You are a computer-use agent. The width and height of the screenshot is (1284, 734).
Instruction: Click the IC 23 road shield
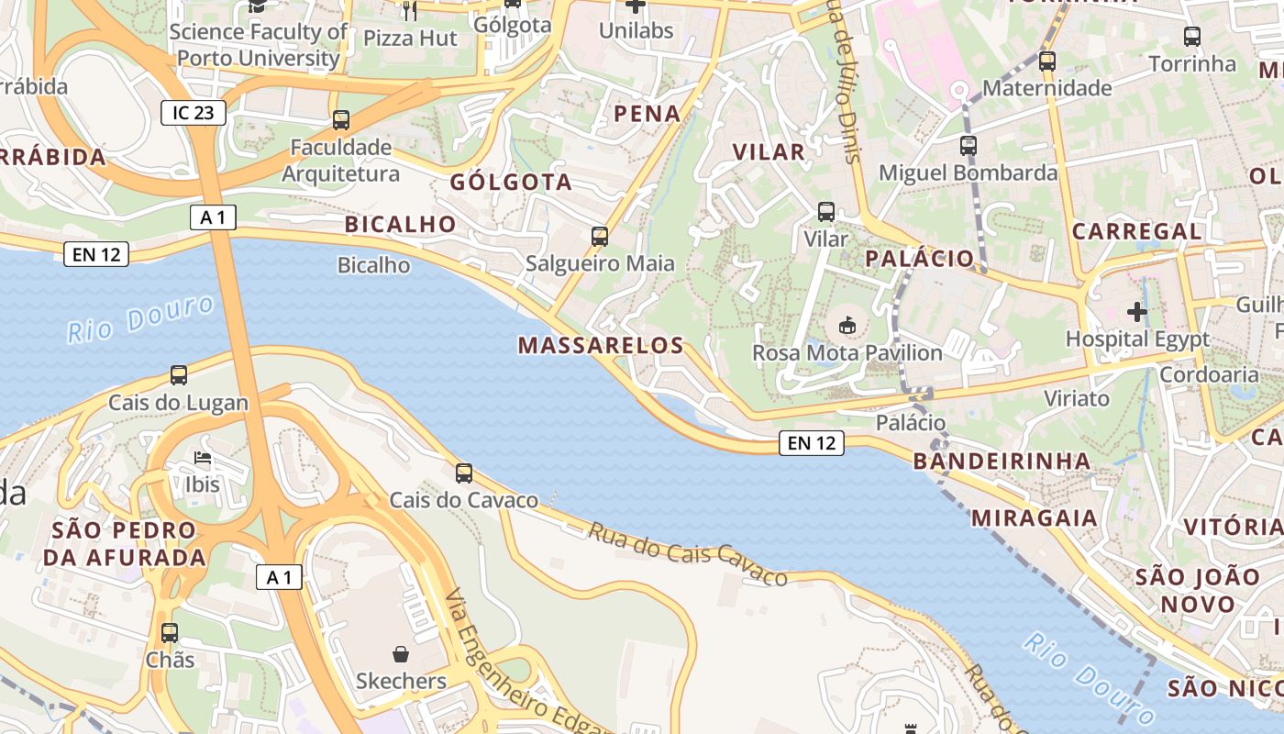click(193, 113)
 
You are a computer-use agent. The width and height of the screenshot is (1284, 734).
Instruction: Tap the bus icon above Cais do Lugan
click(179, 375)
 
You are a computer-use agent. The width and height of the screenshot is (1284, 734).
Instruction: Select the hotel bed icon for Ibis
click(203, 457)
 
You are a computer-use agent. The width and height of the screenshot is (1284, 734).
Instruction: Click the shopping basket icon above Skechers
click(401, 654)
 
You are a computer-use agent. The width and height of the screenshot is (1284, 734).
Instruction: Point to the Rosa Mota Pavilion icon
click(847, 326)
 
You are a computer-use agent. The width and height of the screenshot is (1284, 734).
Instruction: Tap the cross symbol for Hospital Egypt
click(1137, 312)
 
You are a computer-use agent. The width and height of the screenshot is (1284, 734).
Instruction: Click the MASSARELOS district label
click(601, 346)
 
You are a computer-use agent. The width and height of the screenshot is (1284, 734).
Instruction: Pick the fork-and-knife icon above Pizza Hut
click(410, 11)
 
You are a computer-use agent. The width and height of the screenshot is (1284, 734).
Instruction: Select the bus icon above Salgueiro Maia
click(600, 237)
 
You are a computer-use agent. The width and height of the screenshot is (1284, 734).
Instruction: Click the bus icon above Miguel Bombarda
click(969, 146)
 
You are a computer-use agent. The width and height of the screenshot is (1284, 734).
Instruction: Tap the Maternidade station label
click(1046, 89)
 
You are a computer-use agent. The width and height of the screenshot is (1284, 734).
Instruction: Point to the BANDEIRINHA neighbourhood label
click(1002, 462)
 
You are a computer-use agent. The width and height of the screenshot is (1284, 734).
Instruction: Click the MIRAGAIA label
click(1034, 518)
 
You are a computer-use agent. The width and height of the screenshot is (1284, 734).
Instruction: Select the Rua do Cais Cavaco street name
click(688, 554)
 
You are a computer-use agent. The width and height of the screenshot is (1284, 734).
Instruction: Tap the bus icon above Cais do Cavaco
click(464, 473)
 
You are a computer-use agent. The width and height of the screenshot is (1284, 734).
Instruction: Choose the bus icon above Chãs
click(170, 633)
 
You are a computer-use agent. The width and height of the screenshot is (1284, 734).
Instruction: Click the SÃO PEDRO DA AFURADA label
click(125, 544)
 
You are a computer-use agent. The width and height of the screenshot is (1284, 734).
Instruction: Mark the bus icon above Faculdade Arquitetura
click(341, 120)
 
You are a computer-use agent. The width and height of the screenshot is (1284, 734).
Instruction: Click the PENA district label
click(648, 114)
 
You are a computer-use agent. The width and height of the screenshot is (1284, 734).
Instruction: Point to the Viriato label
click(1077, 399)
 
